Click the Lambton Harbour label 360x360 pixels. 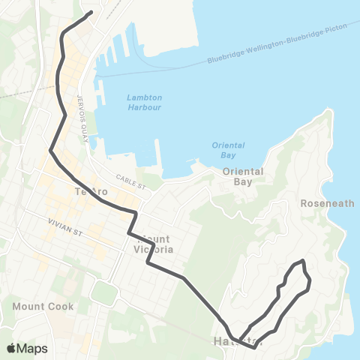144,103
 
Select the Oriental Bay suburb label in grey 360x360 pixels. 244,176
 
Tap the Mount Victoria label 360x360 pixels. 153,244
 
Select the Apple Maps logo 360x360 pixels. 26,348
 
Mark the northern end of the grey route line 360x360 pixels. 91,12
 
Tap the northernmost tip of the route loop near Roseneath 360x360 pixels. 302,261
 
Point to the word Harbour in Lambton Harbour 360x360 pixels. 144,108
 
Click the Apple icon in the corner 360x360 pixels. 11,348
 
